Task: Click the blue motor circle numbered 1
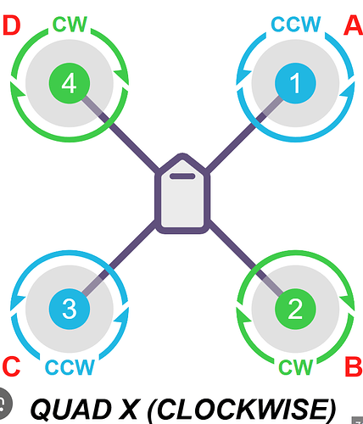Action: (295, 83)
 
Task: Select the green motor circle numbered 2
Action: (295, 309)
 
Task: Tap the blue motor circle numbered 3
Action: (70, 309)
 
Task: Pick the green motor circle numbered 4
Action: (70, 83)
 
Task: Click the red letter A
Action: (354, 25)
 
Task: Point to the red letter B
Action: (354, 366)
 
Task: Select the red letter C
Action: (11, 366)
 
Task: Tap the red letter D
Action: (12, 25)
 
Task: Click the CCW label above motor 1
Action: (296, 24)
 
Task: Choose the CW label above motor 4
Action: (70, 25)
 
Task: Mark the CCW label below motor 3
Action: (70, 367)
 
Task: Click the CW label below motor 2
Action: (296, 367)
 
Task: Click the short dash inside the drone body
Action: (182, 176)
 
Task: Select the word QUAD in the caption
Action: (70, 409)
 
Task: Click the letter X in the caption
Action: (128, 409)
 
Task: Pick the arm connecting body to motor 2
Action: (246, 257)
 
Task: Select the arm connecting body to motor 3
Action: (119, 257)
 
